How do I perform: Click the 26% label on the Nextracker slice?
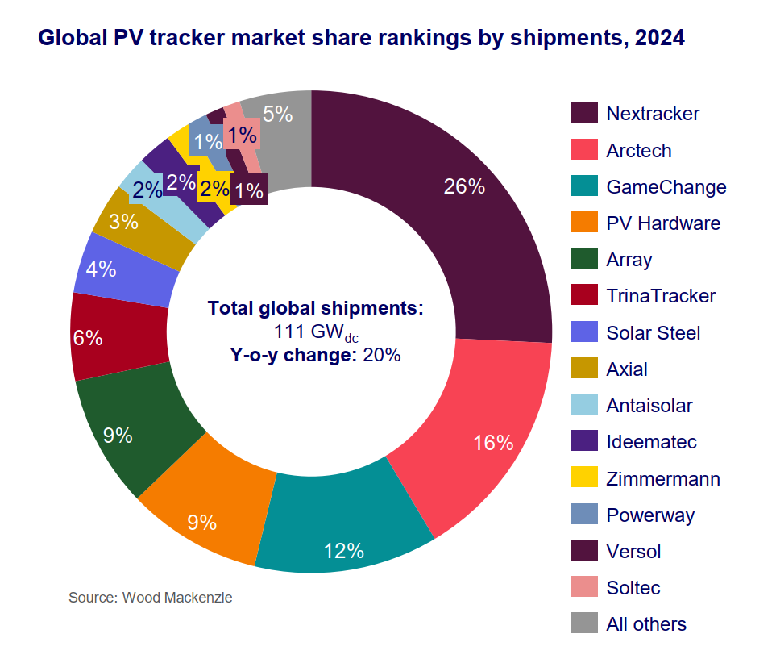[x=464, y=187]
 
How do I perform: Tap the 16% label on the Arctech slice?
[x=493, y=442]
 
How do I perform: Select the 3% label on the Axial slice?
[x=123, y=221]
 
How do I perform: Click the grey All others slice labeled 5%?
[x=278, y=114]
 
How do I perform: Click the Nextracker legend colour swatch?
[x=584, y=113]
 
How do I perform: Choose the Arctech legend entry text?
[x=638, y=151]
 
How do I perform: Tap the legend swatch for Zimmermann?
[x=584, y=478]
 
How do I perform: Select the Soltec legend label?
[x=633, y=588]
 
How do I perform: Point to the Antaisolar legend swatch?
[x=584, y=406]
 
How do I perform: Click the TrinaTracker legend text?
[x=660, y=296]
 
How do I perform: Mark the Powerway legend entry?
[x=649, y=515]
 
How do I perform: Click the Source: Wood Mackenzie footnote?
[x=150, y=598]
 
